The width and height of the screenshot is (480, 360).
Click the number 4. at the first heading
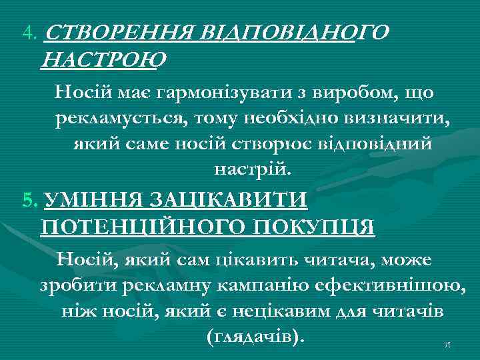30,33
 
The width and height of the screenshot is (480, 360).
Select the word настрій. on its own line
253,169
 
